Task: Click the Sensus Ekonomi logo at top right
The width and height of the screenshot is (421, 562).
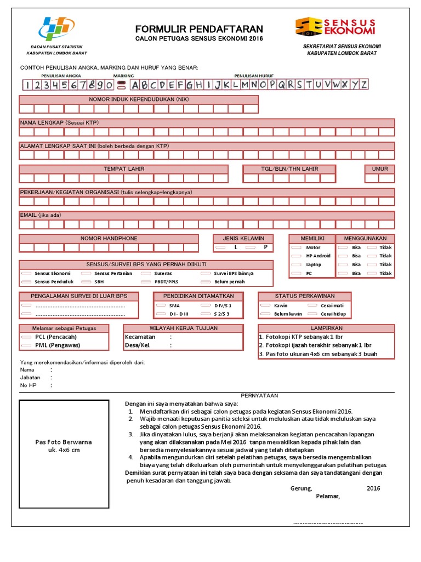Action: tap(335, 27)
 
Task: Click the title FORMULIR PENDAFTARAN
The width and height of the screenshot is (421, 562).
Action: tap(199, 29)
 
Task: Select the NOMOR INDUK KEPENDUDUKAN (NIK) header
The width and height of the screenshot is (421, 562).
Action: tap(139, 99)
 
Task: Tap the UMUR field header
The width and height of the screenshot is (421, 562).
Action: tap(379, 169)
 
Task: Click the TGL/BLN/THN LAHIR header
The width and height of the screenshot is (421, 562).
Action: tap(289, 169)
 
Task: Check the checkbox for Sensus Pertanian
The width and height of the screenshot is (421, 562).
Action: tap(87, 273)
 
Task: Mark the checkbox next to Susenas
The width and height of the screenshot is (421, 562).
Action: tap(146, 273)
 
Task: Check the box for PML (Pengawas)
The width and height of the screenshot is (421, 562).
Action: tap(27, 346)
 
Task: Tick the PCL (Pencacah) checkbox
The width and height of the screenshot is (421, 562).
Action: tap(27, 336)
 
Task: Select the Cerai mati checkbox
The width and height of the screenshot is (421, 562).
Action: tap(312, 305)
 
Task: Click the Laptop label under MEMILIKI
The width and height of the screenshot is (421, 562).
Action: tap(314, 265)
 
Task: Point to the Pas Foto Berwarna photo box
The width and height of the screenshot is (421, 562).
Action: tap(64, 446)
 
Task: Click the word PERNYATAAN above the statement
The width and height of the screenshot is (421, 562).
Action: tap(260, 396)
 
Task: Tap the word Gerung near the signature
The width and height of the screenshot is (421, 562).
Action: tap(301, 488)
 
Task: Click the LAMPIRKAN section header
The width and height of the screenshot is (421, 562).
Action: tap(326, 328)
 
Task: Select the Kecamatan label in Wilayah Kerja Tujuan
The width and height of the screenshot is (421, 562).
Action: tap(140, 337)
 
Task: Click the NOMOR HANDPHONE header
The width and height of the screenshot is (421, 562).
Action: tap(109, 239)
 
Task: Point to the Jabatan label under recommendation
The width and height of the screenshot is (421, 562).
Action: tap(30, 378)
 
